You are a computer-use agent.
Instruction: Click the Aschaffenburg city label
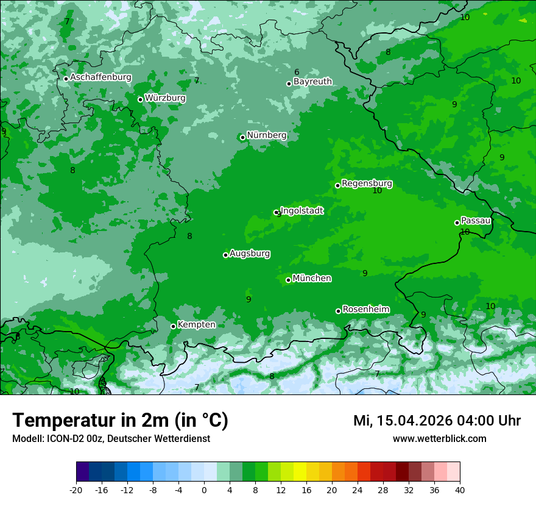pyautogui.click(x=100, y=77)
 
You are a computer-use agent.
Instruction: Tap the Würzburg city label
pyautogui.click(x=165, y=98)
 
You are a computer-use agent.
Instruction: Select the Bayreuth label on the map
pyautogui.click(x=312, y=82)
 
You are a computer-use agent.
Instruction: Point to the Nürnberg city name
pyautogui.click(x=267, y=135)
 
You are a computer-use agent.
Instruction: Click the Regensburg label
pyautogui.click(x=367, y=184)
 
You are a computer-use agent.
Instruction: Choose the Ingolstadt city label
pyautogui.click(x=301, y=211)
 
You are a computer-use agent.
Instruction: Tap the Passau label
pyautogui.click(x=476, y=221)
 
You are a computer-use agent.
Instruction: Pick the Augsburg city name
pyautogui.click(x=250, y=254)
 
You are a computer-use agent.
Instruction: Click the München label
pyautogui.click(x=312, y=279)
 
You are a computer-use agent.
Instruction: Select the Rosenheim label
pyautogui.click(x=365, y=310)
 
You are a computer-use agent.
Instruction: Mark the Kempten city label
pyautogui.click(x=196, y=325)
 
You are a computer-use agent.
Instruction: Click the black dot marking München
pyautogui.click(x=288, y=280)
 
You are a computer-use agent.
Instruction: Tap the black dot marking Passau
pyautogui.click(x=457, y=223)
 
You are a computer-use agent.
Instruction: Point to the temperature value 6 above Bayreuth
pyautogui.click(x=297, y=73)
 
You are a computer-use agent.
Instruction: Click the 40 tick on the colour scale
pyautogui.click(x=460, y=489)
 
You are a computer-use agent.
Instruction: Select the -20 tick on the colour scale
pyautogui.click(x=76, y=489)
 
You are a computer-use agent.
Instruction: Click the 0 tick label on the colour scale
pyautogui.click(x=204, y=489)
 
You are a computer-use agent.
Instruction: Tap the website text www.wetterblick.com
pyautogui.click(x=439, y=438)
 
